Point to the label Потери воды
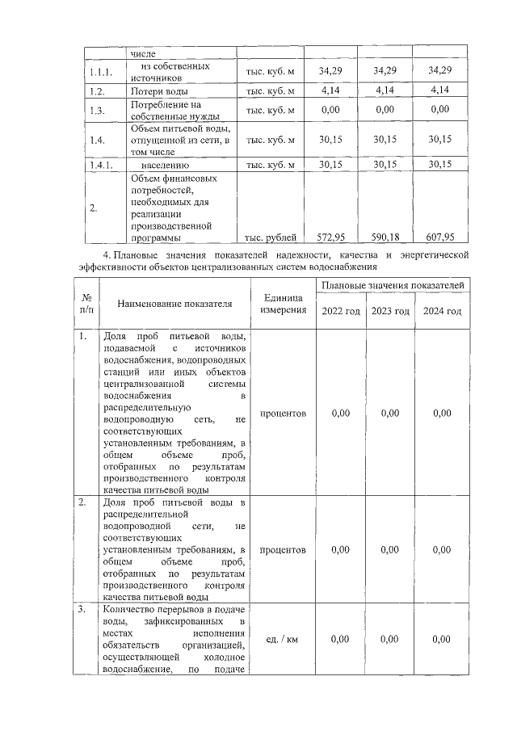click(x=158, y=90)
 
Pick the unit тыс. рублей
click(x=271, y=237)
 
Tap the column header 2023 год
click(x=389, y=312)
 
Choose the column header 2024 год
click(x=441, y=312)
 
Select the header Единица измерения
click(x=283, y=304)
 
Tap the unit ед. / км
click(x=283, y=640)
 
